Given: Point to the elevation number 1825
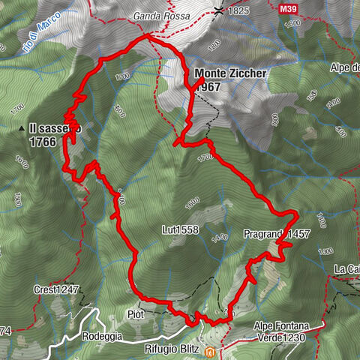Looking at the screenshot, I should pyautogui.click(x=239, y=12).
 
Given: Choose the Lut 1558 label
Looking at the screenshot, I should pyautogui.click(x=179, y=230).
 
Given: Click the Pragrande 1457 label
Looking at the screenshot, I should pyautogui.click(x=277, y=234).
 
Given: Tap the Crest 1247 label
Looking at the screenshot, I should pyautogui.click(x=56, y=289).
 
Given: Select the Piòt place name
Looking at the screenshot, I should pyautogui.click(x=136, y=314).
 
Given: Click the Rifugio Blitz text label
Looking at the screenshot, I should pyautogui.click(x=175, y=349).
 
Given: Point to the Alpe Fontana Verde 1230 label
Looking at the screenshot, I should pyautogui.click(x=287, y=331).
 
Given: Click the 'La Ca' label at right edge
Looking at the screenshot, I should pyautogui.click(x=347, y=269).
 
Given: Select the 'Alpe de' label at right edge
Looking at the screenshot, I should pyautogui.click(x=343, y=67).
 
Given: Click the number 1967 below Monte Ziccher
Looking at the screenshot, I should pyautogui.click(x=207, y=86).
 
